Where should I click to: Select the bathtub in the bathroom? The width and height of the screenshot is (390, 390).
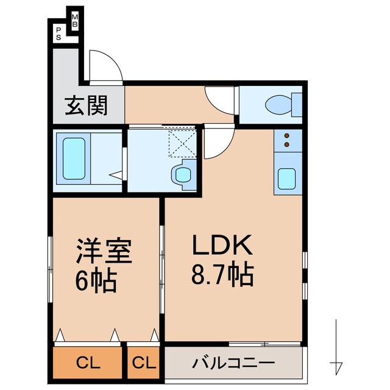(74, 159)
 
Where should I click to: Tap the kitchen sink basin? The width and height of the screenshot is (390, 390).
(287, 178)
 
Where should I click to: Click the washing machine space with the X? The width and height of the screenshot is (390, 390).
(182, 141)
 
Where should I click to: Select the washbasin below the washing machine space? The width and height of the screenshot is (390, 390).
(182, 175)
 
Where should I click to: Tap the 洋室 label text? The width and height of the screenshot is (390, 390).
(103, 250)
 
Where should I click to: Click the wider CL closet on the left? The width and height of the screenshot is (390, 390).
(88, 364)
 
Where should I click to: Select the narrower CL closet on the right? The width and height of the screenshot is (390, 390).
(144, 364)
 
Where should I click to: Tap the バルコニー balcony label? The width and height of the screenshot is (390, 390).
(233, 364)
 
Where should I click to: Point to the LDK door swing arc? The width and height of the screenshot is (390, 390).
(217, 144)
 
